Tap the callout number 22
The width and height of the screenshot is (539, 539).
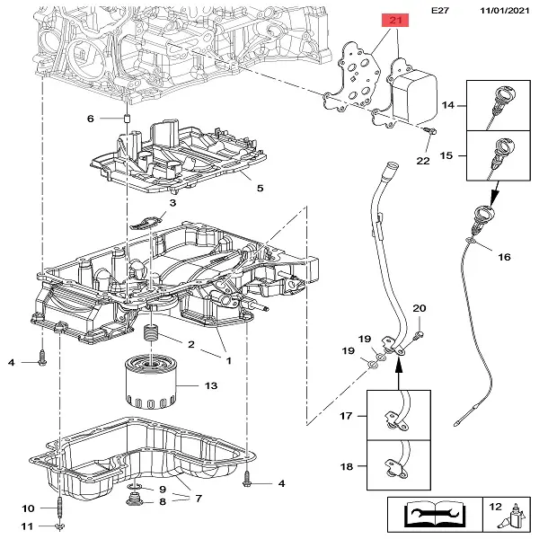pos(423,161)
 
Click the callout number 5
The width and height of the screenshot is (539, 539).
pos(260,189)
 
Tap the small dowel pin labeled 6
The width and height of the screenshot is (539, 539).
pos(127,119)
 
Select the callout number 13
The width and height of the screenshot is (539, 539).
pos(210,386)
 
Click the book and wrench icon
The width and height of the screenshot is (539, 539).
pos(434,514)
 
